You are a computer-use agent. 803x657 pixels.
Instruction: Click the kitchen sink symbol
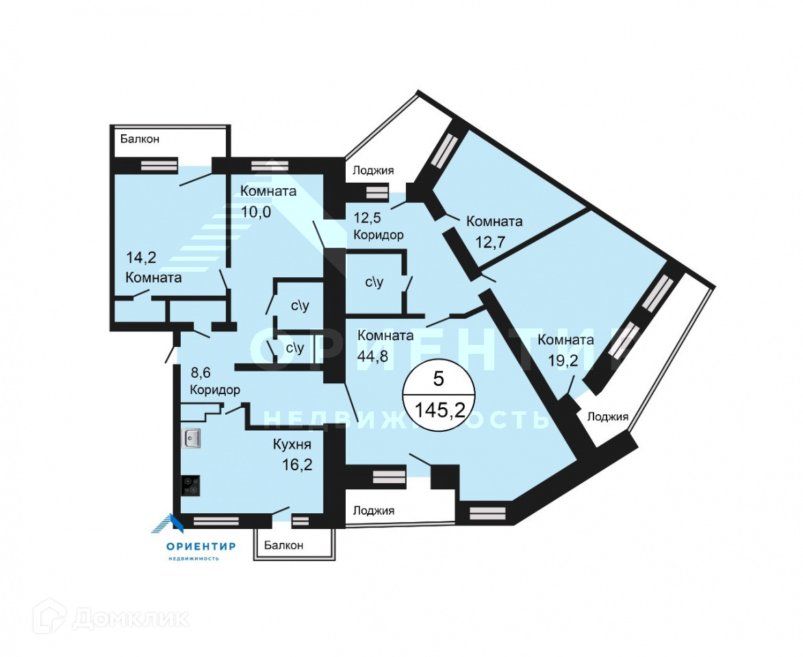[191, 438]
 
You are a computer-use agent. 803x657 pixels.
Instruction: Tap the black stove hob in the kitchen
[190, 486]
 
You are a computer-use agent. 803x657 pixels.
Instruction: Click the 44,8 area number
[372, 356]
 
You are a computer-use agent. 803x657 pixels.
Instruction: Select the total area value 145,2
[439, 410]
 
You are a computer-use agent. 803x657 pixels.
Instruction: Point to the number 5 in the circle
[438, 379]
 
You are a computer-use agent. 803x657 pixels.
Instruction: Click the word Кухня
[292, 444]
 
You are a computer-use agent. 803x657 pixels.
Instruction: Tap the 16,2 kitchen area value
[297, 465]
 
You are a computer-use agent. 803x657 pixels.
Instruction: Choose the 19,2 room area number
[563, 361]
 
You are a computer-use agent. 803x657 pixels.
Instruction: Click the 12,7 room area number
[491, 241]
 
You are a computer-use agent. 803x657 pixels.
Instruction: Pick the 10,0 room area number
[256, 211]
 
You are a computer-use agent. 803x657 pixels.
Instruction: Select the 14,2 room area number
[141, 257]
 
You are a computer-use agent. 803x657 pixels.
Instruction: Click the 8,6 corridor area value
[201, 372]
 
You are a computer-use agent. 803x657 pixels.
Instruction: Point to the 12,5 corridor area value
[368, 218]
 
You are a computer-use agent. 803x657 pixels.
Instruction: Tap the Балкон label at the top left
[140, 139]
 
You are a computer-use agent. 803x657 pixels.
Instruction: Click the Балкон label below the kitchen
[283, 545]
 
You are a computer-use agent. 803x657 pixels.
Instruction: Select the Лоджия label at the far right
[607, 417]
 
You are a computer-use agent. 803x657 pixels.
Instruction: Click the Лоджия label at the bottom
[374, 511]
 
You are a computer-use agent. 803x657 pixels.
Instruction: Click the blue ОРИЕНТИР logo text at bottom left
[201, 546]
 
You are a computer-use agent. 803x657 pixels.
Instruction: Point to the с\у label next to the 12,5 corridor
[374, 282]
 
